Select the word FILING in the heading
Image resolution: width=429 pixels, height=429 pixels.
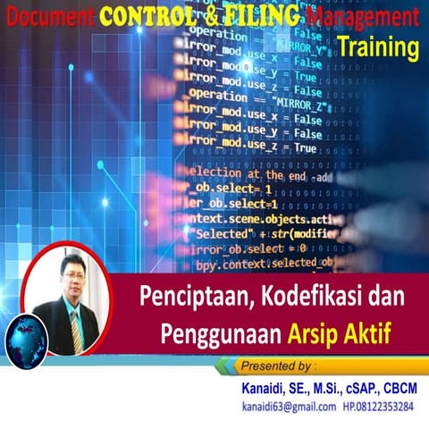point(259,15)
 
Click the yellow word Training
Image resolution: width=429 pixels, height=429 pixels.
point(381,47)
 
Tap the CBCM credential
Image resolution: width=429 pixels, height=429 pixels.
point(400,387)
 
